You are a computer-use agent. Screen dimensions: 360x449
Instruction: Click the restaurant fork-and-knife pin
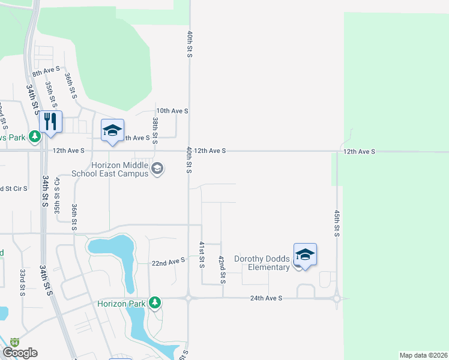pos(50,122)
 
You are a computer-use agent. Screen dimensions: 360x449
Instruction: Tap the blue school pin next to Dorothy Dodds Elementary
pos(305,255)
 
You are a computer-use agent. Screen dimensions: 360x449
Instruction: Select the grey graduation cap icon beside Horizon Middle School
pos(157,169)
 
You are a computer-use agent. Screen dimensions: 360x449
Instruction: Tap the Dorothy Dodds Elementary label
pos(262,263)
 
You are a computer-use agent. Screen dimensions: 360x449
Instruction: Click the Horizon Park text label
pos(121,304)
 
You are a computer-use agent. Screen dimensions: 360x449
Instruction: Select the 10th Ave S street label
pos(172,111)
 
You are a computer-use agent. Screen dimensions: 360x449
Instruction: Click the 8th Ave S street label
pos(46,72)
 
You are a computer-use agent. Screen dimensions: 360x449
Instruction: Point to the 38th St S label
pos(155,131)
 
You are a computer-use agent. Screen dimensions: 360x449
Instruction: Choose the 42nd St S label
pos(221,269)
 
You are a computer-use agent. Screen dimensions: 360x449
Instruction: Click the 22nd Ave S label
pos(167,262)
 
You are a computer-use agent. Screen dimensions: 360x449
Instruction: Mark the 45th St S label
pos(337,223)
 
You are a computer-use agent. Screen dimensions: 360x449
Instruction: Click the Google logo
pos(20,353)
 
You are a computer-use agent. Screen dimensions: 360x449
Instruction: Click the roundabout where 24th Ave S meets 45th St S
pos(337,298)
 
